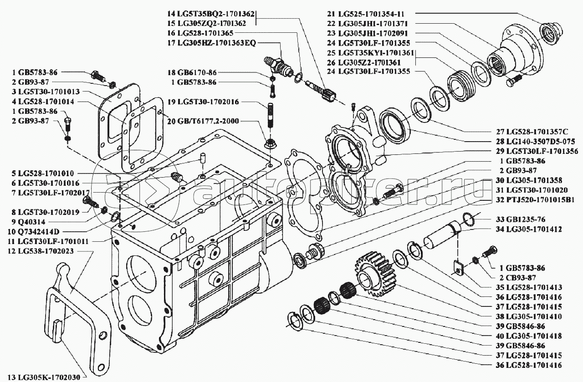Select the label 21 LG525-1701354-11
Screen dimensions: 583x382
pos(369,14)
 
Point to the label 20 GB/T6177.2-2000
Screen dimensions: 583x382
pos(203,121)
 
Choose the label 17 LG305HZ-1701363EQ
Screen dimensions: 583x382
pos(212,43)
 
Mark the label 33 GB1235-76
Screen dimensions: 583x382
pos(521,219)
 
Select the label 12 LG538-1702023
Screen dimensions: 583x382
pos(41,251)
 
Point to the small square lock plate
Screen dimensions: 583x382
pos(459,268)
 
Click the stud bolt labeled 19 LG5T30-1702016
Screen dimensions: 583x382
pos(271,116)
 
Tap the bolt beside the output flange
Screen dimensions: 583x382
pos(514,80)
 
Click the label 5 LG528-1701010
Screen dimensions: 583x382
pos(43,173)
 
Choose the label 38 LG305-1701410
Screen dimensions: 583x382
pos(529,316)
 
